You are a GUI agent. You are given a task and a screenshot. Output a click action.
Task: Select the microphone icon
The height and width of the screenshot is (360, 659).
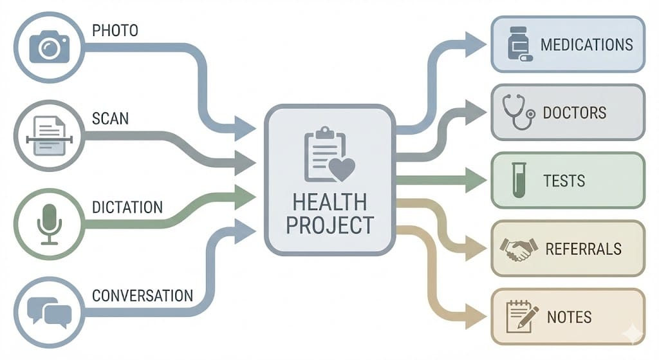coord(49,223)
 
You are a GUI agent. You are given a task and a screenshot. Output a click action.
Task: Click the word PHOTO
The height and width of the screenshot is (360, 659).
coord(115,30)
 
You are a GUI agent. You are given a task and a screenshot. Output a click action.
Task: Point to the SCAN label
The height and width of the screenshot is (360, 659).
coord(111,118)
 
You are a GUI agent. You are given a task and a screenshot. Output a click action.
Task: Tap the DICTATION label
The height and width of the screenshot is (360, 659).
coord(127,207)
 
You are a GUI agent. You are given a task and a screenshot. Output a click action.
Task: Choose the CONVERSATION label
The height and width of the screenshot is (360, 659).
coord(142,296)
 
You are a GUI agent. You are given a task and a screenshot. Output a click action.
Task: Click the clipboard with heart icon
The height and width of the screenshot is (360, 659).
coord(329,155)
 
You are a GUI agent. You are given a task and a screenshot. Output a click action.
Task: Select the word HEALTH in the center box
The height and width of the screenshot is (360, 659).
coord(329,202)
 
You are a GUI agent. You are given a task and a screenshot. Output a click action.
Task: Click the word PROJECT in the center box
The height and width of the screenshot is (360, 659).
coord(329,225)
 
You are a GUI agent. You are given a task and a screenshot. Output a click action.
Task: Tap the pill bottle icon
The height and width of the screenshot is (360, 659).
coord(518,44)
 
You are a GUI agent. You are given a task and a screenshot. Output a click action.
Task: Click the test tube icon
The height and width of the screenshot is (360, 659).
coord(518,180)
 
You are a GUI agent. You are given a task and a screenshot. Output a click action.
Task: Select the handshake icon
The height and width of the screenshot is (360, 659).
coord(517,249)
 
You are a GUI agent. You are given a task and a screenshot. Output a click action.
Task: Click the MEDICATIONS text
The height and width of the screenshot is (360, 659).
coord(586,45)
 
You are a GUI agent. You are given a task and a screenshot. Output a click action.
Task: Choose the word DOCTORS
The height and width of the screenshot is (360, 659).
coord(574,113)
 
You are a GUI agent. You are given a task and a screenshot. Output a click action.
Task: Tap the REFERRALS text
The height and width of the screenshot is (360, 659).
coord(583,249)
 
